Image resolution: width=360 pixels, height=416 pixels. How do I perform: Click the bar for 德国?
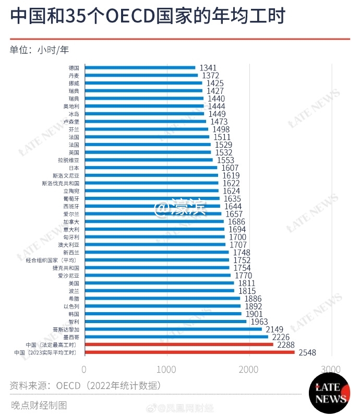[x=140, y=67]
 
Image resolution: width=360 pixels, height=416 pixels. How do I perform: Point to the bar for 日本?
[x=151, y=168]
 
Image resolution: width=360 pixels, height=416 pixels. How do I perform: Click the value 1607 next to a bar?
[x=230, y=168]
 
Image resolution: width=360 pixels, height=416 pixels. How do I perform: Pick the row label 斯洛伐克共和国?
[x=61, y=184]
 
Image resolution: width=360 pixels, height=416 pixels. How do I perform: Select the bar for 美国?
[x=159, y=283]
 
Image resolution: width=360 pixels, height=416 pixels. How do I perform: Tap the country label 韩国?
[x=73, y=314]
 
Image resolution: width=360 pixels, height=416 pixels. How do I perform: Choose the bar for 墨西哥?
[x=176, y=337]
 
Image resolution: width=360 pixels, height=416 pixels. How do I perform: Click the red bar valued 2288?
[x=178, y=345]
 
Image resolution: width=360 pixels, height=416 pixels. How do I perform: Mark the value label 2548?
[x=307, y=353]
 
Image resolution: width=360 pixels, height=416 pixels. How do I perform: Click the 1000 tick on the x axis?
[x=167, y=369]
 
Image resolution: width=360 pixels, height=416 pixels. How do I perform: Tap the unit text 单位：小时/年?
[x=39, y=50]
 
